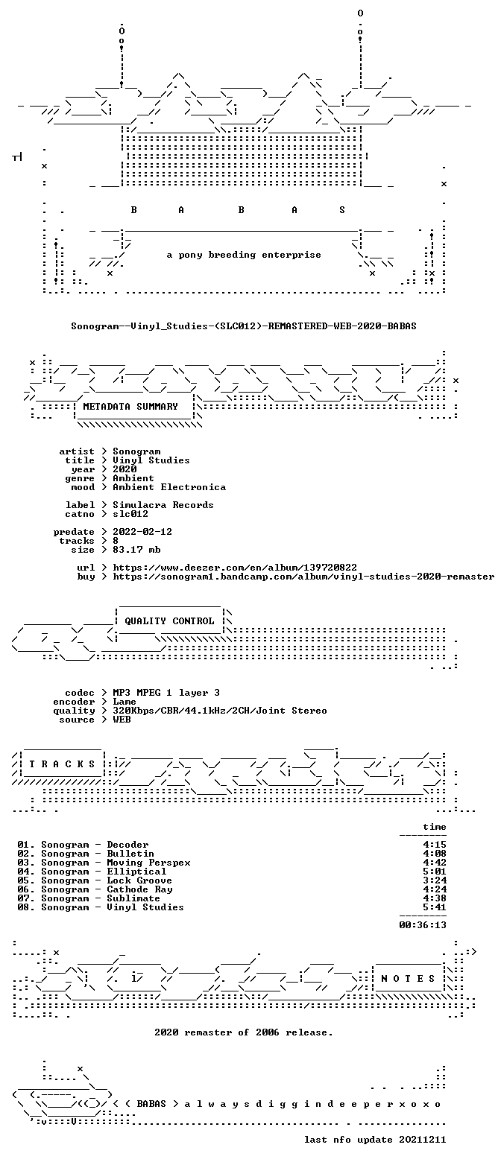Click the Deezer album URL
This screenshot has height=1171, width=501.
point(235,567)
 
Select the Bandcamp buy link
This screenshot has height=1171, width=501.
point(303,577)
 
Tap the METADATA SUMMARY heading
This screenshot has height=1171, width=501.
point(130,406)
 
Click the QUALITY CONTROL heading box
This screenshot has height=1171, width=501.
point(169,621)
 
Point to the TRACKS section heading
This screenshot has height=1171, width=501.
point(62,764)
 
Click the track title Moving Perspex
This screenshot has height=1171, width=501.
point(148,863)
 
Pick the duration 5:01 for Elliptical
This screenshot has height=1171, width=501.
point(435,872)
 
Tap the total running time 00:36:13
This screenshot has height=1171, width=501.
point(423,924)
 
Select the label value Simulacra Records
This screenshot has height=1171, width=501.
point(163,505)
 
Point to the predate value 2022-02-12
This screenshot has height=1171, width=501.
point(142,532)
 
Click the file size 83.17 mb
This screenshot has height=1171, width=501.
point(136,550)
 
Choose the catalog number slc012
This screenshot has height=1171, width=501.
point(130,514)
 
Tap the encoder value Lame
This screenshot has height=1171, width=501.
point(125,702)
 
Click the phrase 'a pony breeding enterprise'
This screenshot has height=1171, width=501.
point(244,255)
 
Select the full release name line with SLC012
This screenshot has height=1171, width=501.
point(244,326)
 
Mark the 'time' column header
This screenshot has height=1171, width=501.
point(435,827)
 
